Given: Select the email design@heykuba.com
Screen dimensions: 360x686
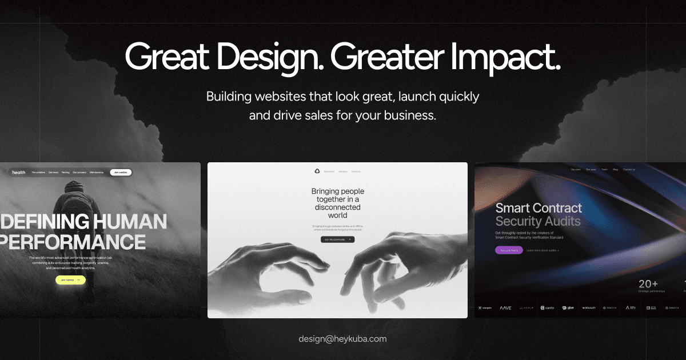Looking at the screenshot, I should click(x=342, y=339).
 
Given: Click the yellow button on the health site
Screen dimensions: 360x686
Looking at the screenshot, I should click(x=70, y=280).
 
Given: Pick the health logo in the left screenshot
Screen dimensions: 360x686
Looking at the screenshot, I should click(x=19, y=172).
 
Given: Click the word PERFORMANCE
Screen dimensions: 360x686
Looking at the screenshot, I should click(x=73, y=242).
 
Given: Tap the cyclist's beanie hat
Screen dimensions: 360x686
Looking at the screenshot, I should click(x=74, y=186).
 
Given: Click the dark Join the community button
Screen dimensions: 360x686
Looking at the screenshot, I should click(x=337, y=239).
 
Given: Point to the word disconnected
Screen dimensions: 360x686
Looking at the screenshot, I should click(x=337, y=207).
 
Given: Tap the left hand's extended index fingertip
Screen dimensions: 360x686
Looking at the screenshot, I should click(x=328, y=264).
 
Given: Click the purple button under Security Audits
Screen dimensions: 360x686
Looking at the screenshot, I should click(x=509, y=250).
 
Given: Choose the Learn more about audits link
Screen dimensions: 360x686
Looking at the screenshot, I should click(x=543, y=250).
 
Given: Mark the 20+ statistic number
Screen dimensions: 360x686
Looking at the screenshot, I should click(x=648, y=284).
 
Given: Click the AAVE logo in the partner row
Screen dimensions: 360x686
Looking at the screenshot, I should click(x=505, y=307).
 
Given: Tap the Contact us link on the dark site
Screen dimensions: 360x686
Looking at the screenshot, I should click(x=629, y=170).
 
